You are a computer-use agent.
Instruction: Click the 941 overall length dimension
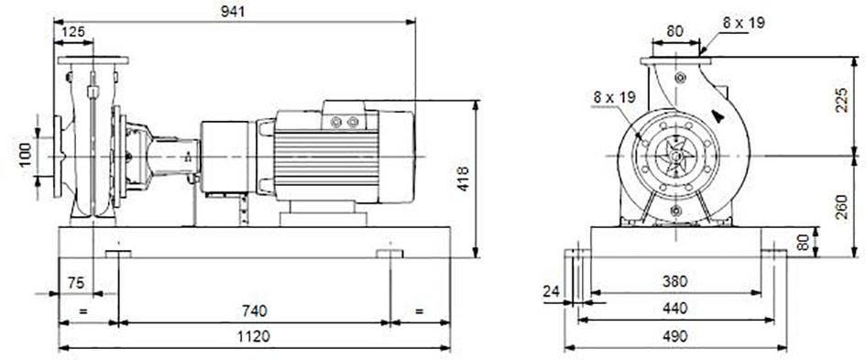(233, 12)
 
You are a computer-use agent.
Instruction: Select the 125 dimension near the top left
(73, 31)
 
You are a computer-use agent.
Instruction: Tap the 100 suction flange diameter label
(26, 155)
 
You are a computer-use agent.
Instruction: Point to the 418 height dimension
(463, 179)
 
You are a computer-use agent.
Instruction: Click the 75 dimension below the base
(76, 283)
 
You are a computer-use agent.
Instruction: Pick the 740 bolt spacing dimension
(255, 311)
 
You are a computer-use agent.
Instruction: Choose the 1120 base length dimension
(255, 336)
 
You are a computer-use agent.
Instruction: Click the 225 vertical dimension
(841, 100)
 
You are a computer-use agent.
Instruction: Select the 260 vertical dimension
(841, 206)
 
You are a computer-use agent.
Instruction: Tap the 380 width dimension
(674, 281)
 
